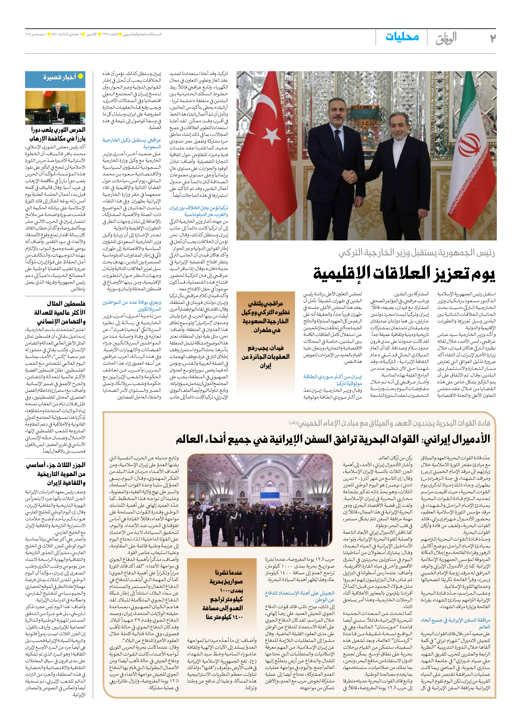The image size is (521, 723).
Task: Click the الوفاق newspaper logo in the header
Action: [446, 38]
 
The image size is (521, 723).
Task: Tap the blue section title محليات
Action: [402, 37]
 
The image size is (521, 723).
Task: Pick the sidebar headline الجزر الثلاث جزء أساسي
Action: [56, 474]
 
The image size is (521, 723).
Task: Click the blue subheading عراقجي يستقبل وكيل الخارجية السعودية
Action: [132, 143]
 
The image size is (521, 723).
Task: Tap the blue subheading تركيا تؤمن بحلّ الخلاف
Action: [199, 211]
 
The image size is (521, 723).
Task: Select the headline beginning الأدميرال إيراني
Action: [333, 439]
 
